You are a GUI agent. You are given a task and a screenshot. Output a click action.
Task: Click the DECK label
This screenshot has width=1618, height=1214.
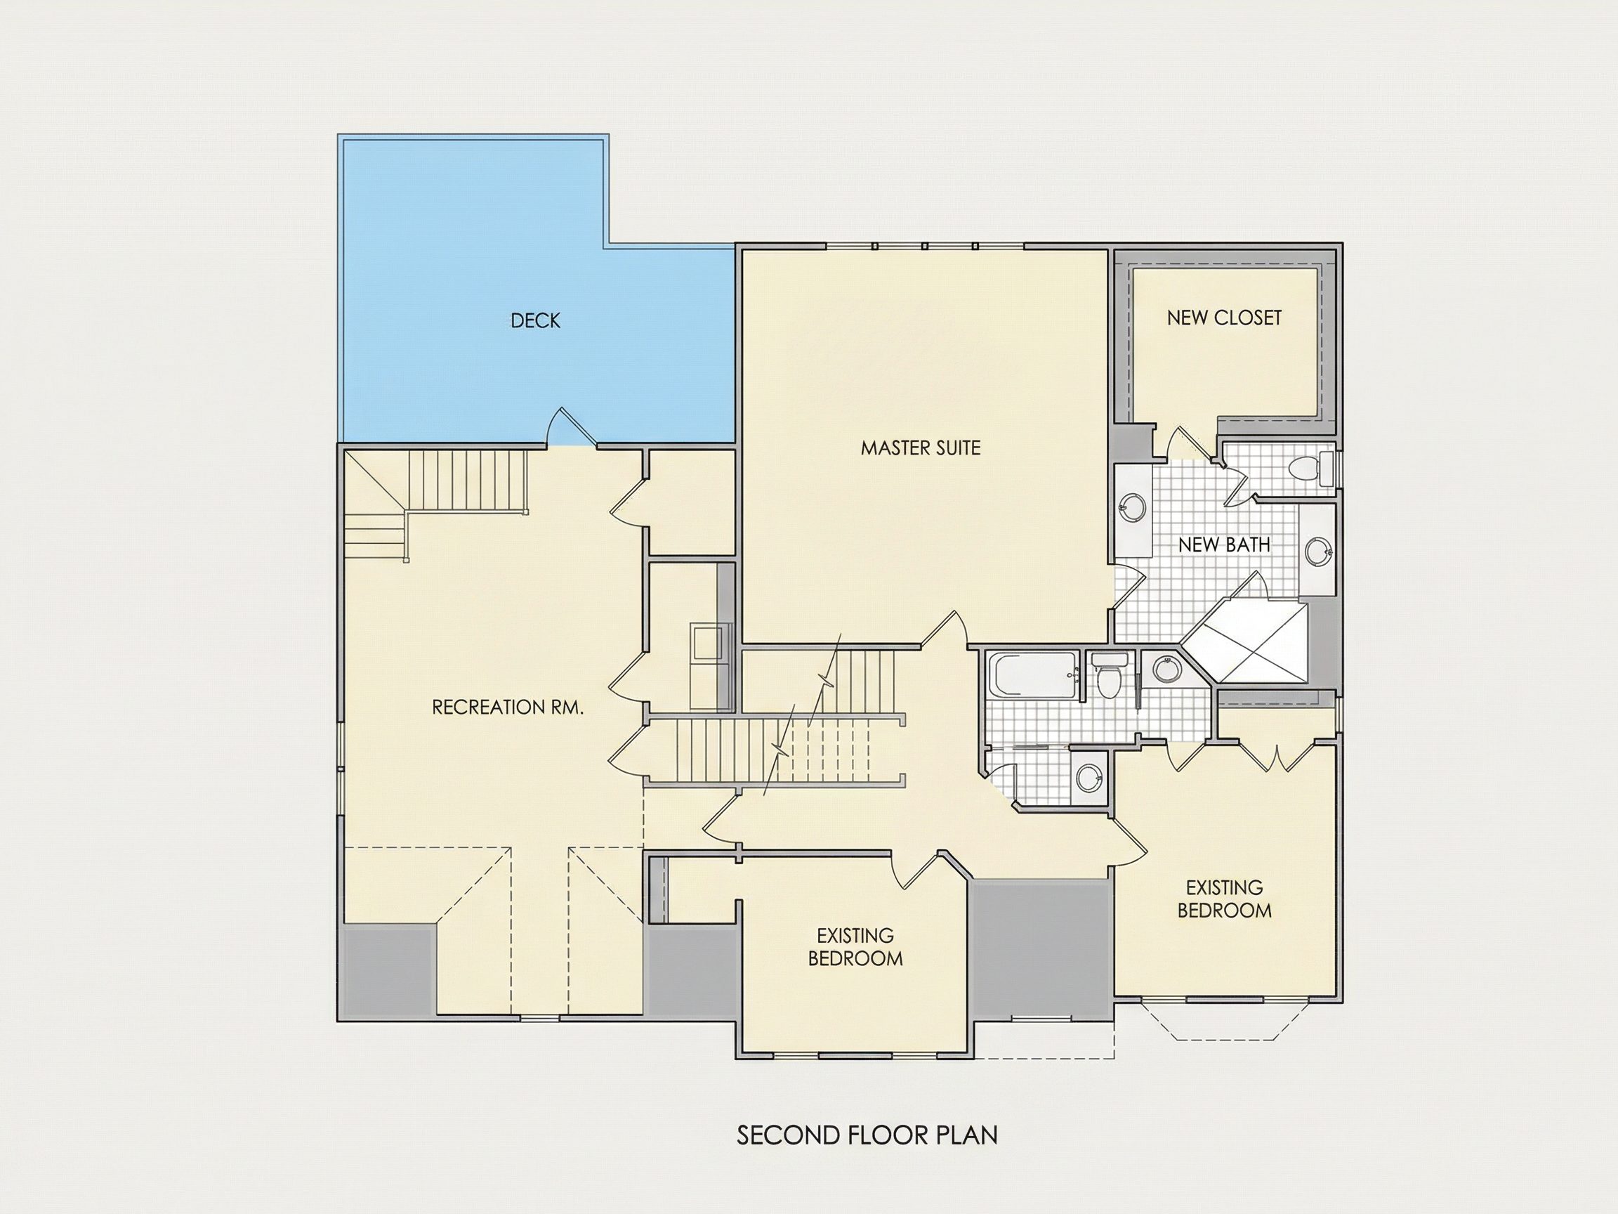[535, 320]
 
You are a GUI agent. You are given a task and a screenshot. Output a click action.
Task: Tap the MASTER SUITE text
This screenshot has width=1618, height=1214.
[920, 448]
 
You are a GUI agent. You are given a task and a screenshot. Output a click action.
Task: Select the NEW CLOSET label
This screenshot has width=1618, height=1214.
[1224, 318]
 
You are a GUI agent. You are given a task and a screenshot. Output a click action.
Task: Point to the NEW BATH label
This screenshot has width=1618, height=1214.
[1224, 544]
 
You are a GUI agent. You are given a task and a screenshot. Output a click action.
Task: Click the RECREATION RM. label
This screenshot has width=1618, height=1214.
[508, 707]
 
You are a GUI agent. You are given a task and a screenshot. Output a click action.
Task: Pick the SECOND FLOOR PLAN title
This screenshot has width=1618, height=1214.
[867, 1135]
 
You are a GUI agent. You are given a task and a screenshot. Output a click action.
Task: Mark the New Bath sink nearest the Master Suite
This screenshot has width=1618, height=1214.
[1132, 507]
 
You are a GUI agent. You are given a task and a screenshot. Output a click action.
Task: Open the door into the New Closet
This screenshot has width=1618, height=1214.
[1184, 443]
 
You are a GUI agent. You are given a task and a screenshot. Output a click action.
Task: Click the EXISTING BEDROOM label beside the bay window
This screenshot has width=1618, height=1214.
[1225, 899]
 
